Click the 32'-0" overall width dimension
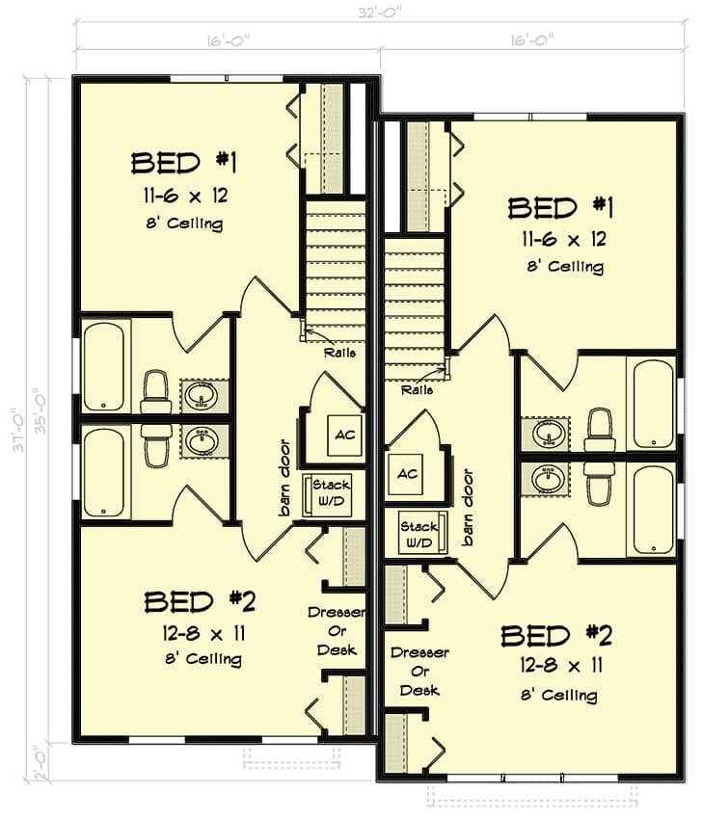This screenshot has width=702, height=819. pos(378,12)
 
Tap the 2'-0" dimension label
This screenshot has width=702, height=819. pos(40,763)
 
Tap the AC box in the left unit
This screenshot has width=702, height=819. pos(344,435)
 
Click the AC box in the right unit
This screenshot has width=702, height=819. pos(407,474)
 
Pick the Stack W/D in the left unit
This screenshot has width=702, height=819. pos(328,494)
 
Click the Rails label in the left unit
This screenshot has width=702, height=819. pos(339,353)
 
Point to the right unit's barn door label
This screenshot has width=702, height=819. pos(469,507)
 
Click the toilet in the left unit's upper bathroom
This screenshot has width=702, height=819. pos(156,391)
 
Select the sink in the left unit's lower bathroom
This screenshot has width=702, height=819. pos(202,441)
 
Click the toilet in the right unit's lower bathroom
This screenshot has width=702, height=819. pos(599,481)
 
